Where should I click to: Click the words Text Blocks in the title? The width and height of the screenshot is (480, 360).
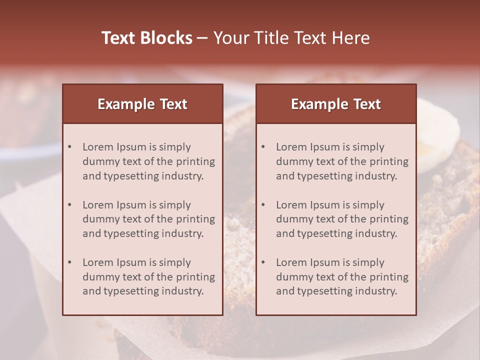coord(147,38)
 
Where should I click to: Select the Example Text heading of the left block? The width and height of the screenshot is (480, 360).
coord(142,104)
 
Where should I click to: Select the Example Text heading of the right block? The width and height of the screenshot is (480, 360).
coord(336,104)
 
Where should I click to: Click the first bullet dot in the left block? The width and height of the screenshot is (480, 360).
coord(70,147)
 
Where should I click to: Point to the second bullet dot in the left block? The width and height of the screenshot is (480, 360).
coord(70,205)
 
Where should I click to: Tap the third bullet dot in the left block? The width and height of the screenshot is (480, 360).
coord(70,262)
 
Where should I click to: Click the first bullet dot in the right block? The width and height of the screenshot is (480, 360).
coord(263,147)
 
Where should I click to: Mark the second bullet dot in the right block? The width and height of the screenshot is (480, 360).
coord(263,205)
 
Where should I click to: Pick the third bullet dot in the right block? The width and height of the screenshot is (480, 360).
coord(263,262)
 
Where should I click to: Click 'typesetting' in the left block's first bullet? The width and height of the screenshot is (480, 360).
coord(128,176)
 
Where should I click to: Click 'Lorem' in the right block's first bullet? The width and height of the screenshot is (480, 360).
coord(291,147)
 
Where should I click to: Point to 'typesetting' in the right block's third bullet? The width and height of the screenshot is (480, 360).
coord(322,291)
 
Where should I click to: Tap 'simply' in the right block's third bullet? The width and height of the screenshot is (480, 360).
coord(368,262)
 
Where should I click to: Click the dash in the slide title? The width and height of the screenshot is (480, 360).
coord(202,38)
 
